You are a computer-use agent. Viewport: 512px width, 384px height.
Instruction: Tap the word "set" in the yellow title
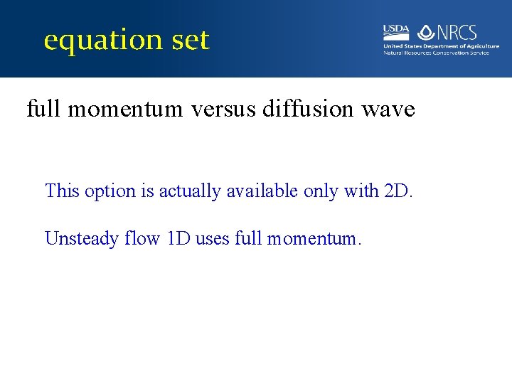point(190,41)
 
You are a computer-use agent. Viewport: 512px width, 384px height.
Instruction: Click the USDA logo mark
point(396,31)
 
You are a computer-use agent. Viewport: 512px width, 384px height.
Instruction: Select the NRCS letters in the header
point(457,32)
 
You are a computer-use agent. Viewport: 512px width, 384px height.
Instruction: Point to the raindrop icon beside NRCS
point(426,32)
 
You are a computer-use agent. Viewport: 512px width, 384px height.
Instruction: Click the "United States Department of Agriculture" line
point(441,46)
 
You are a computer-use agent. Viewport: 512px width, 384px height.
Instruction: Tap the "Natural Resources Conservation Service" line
point(436,53)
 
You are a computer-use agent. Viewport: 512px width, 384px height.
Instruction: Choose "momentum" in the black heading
point(129,110)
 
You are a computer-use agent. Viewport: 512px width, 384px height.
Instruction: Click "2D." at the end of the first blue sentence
point(398,191)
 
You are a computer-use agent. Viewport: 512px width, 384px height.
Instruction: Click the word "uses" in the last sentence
point(213,238)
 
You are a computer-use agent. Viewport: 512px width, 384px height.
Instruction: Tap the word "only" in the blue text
point(319,191)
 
